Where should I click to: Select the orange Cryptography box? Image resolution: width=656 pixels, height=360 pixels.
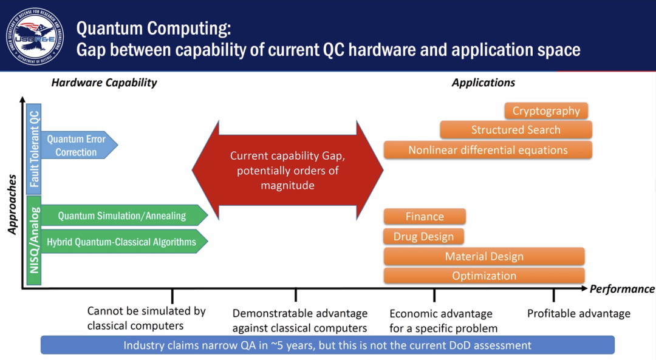pyautogui.click(x=546, y=111)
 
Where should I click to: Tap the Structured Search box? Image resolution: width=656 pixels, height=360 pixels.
pyautogui.click(x=516, y=130)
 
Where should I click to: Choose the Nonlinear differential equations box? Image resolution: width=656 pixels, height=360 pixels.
pyautogui.click(x=488, y=150)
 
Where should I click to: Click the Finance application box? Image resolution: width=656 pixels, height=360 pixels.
pyautogui.click(x=425, y=217)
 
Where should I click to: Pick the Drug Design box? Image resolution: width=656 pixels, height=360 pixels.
pyautogui.click(x=423, y=236)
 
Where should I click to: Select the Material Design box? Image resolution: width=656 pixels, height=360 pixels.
pyautogui.click(x=484, y=256)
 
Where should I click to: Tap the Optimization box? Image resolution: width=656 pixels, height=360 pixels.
pyautogui.click(x=484, y=276)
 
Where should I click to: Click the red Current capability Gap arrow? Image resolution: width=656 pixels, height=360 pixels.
pyautogui.click(x=287, y=171)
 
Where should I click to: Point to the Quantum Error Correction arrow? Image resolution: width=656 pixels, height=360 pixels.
pyautogui.click(x=77, y=146)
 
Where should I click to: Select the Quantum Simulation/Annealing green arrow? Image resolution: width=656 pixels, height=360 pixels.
pyautogui.click(x=121, y=216)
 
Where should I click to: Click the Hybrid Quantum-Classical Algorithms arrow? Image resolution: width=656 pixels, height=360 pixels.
pyautogui.click(x=121, y=242)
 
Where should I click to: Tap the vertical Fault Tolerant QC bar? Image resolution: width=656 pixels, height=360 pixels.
pyautogui.click(x=34, y=148)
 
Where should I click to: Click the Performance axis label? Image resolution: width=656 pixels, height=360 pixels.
pyautogui.click(x=621, y=289)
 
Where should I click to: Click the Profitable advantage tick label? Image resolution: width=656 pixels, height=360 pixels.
pyautogui.click(x=578, y=313)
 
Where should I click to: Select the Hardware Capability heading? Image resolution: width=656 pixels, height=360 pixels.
pyautogui.click(x=104, y=83)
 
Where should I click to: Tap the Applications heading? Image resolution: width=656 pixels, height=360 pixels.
pyautogui.click(x=483, y=83)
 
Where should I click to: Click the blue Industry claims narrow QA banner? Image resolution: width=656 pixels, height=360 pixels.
pyautogui.click(x=327, y=345)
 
